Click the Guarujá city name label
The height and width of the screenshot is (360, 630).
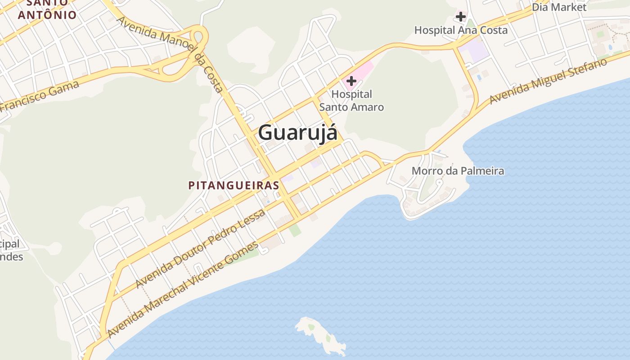pyautogui.click(x=297, y=133)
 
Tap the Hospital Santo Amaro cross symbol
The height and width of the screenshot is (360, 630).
pyautogui.click(x=351, y=81)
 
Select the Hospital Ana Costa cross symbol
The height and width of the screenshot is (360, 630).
pyautogui.click(x=460, y=17)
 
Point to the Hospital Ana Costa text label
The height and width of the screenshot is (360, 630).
pyautogui.click(x=461, y=30)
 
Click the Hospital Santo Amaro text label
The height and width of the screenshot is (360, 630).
pyautogui.click(x=351, y=101)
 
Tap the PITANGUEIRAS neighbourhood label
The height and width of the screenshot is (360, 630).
pyautogui.click(x=234, y=185)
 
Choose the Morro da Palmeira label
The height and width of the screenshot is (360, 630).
pyautogui.click(x=458, y=171)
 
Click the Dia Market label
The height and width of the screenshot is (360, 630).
pyautogui.click(x=559, y=7)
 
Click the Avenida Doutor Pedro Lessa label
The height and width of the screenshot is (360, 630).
pyautogui.click(x=200, y=249)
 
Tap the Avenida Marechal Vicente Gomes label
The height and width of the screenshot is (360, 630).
pyautogui.click(x=183, y=290)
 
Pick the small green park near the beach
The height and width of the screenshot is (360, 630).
pyautogui.click(x=295, y=230)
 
